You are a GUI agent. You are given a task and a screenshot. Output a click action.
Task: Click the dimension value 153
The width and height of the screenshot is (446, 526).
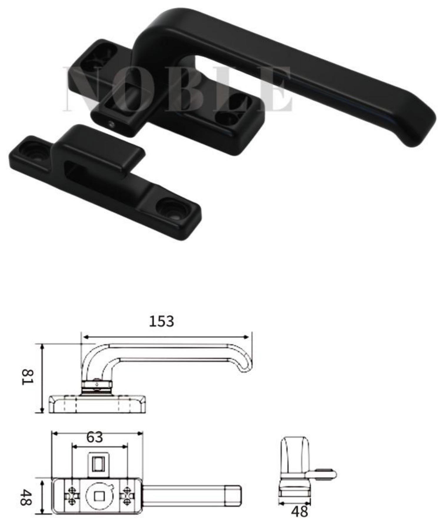click(x=162, y=321)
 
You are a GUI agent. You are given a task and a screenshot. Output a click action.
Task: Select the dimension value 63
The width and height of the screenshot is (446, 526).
click(x=95, y=437)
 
